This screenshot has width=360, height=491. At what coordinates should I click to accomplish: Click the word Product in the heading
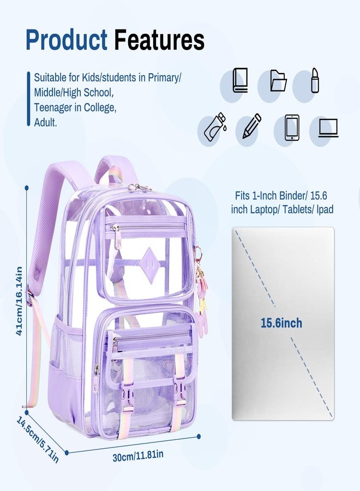[x=67, y=39]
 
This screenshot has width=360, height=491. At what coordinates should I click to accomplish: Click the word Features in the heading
[x=159, y=39]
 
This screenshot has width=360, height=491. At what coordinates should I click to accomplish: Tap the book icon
[x=240, y=80]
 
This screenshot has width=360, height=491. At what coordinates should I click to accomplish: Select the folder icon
[x=278, y=80]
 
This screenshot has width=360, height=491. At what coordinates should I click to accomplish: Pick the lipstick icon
[x=315, y=80]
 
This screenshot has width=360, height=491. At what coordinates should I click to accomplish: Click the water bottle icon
[x=215, y=127]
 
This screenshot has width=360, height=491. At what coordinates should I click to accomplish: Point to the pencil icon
[x=252, y=126]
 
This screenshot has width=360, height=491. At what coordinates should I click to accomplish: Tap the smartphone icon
[x=292, y=128]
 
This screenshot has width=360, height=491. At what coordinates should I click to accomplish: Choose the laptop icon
[x=328, y=128]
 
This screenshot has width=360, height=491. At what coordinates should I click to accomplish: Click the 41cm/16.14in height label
[x=19, y=301]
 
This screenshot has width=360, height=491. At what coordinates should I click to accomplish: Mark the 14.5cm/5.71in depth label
[x=38, y=439]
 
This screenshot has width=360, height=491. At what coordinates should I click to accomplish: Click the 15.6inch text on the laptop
[x=281, y=323]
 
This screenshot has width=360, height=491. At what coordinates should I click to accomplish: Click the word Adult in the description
[x=45, y=122]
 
